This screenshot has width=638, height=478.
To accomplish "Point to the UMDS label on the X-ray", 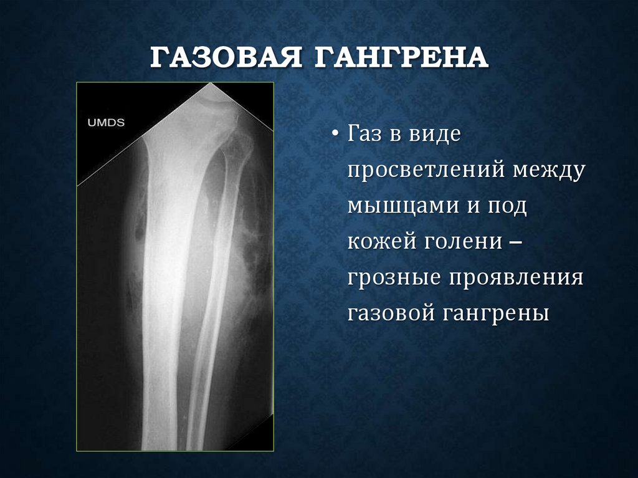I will pos(105,123).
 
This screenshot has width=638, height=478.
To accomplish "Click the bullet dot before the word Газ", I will pos(336,135).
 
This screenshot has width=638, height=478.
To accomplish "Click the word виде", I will pos(434,135).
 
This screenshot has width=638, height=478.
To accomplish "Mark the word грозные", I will pos(391,277).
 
